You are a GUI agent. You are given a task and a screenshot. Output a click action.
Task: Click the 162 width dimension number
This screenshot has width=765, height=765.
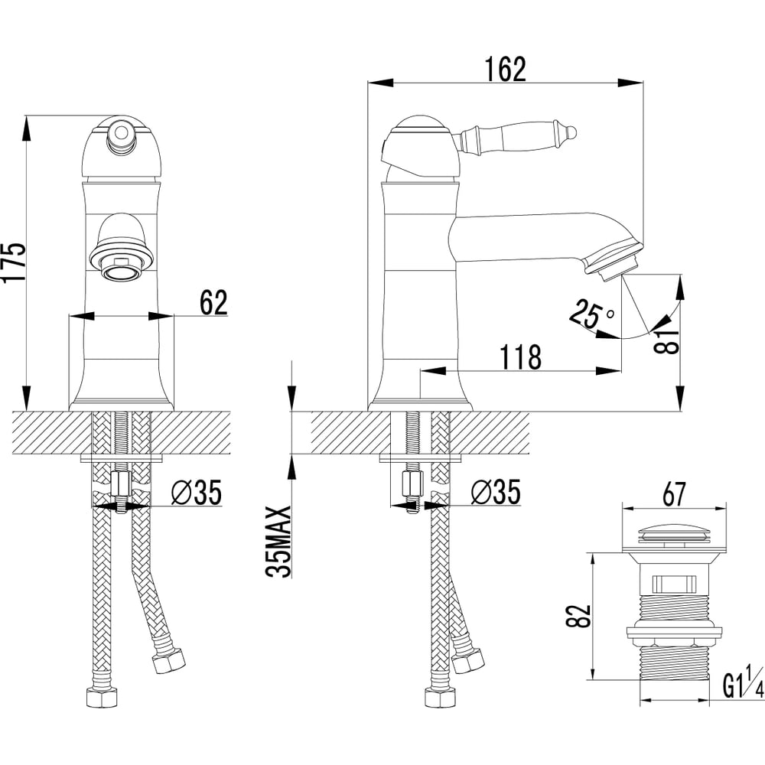[506, 70]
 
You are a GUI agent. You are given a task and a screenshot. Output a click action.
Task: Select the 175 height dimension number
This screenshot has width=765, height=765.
[13, 262]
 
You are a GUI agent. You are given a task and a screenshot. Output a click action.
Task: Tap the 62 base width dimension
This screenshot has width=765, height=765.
[213, 302]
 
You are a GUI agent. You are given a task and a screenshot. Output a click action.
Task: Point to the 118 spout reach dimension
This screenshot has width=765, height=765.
[520, 357]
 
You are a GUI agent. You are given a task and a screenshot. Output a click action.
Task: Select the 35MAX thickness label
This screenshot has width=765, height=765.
[279, 542]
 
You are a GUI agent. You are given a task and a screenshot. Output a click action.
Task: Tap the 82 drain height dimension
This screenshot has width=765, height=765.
[578, 616]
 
